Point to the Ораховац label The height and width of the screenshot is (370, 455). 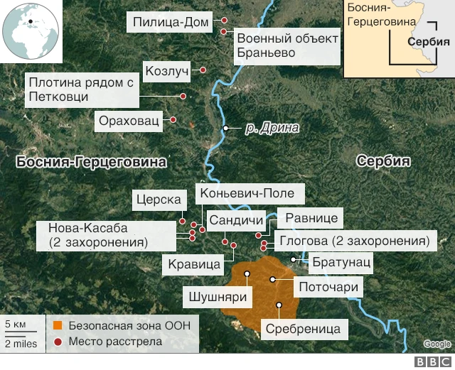[129, 120]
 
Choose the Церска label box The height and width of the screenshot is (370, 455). [156, 200]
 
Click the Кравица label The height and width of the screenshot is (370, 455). [194, 263]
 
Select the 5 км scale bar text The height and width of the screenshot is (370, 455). [15, 325]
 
